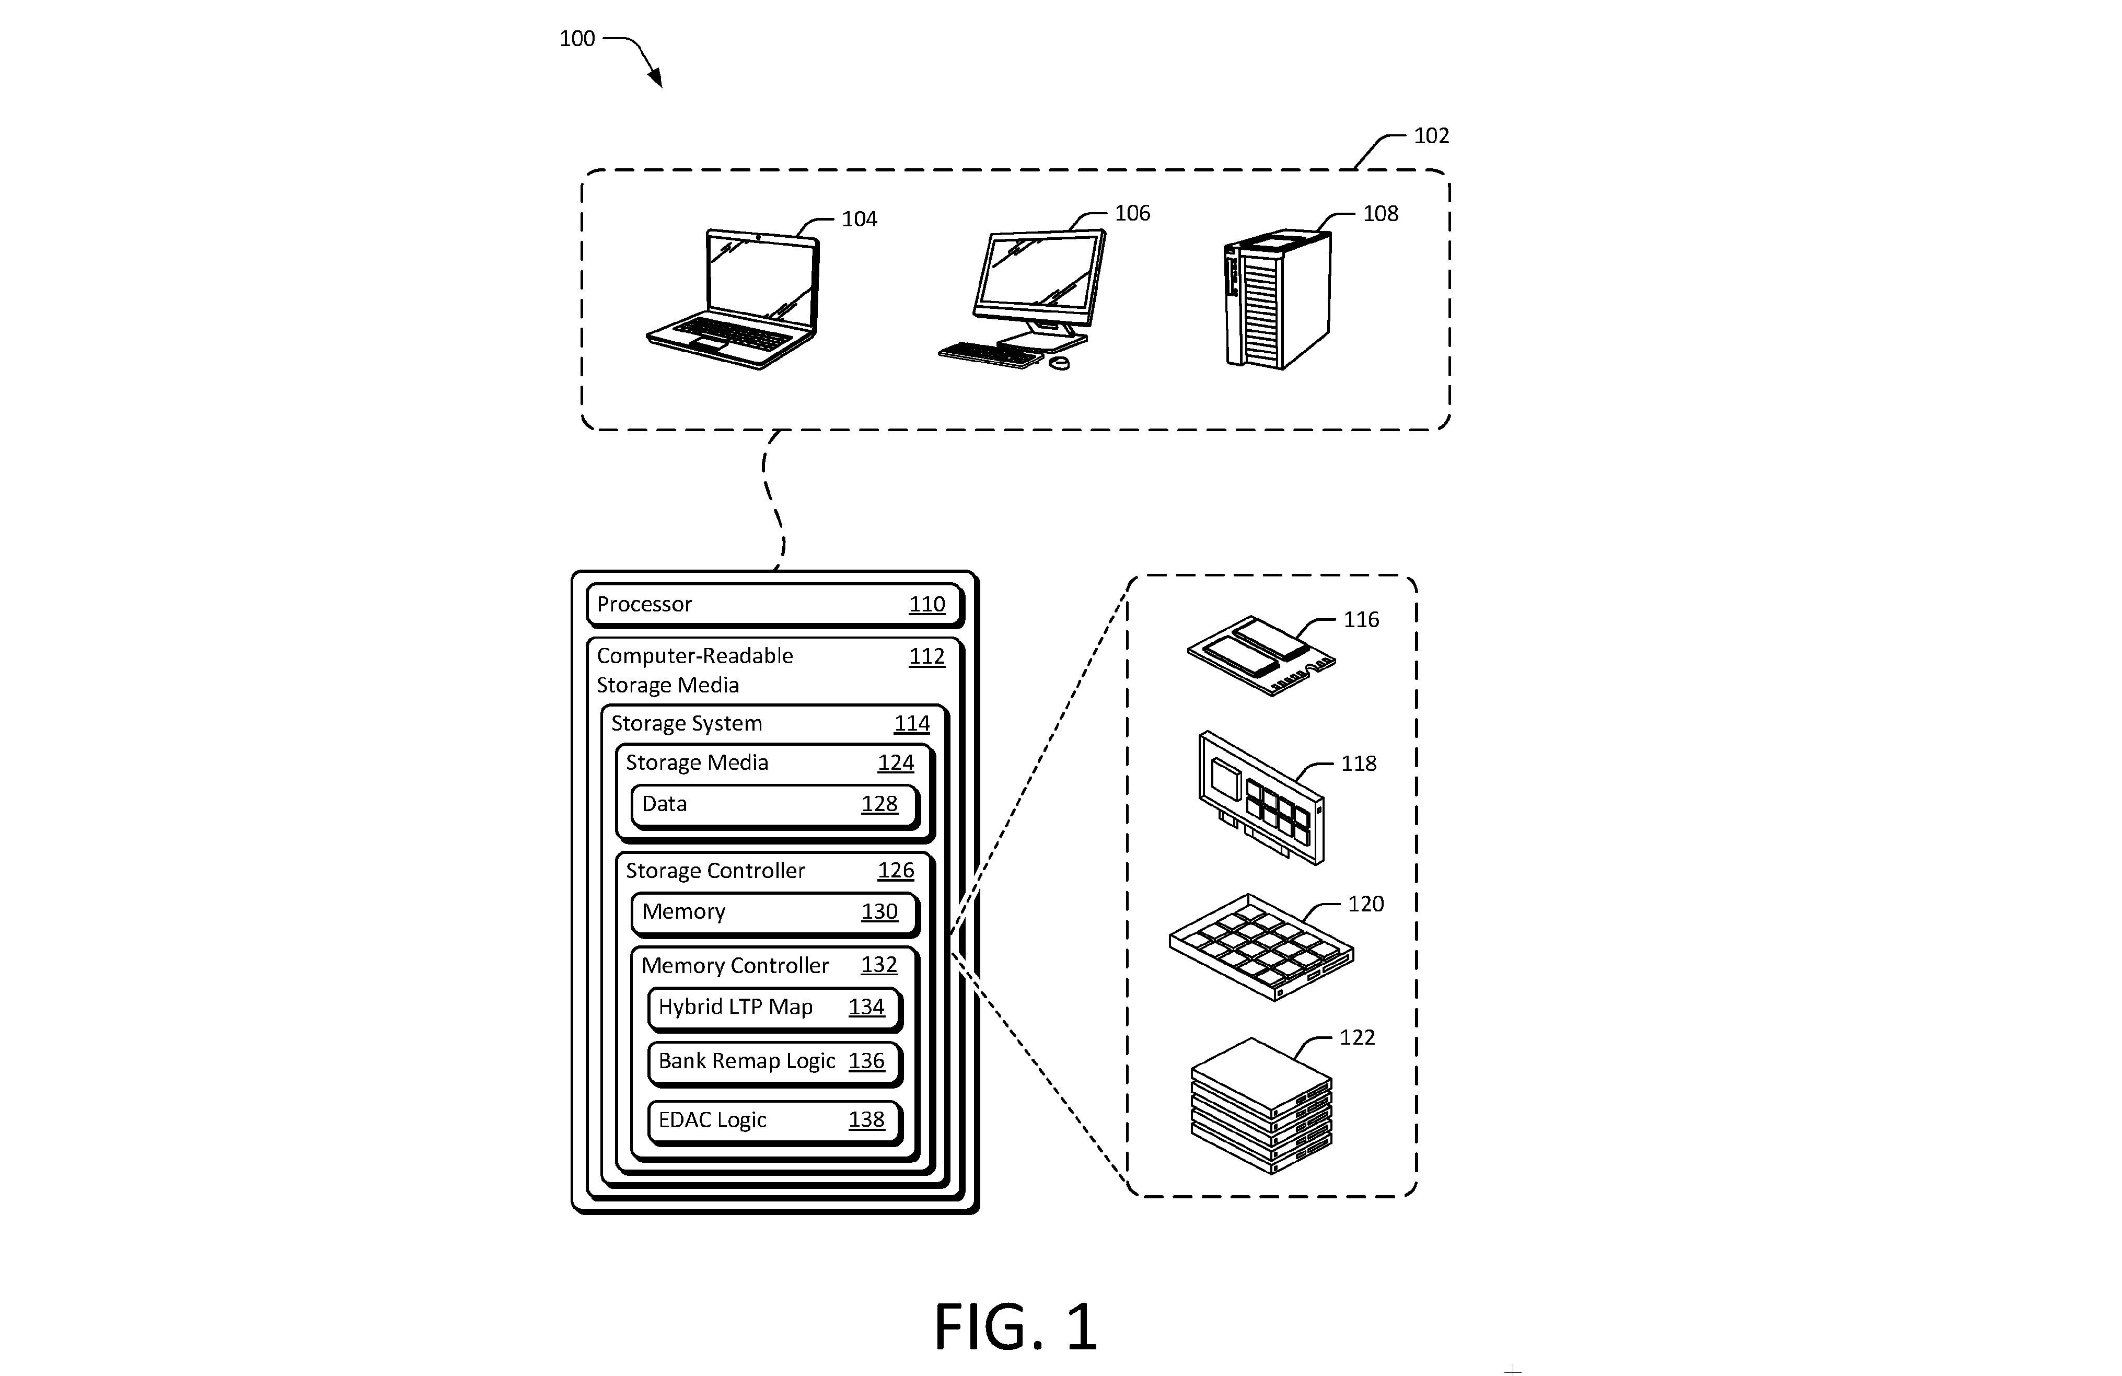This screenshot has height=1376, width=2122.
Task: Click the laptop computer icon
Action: pyautogui.click(x=733, y=299)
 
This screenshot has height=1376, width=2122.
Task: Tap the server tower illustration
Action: pyautogui.click(x=1277, y=299)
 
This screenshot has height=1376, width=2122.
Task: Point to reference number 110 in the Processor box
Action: pyautogui.click(x=926, y=605)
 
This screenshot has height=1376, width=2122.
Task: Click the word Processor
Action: pyautogui.click(x=644, y=605)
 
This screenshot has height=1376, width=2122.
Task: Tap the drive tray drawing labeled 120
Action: pyautogui.click(x=1261, y=947)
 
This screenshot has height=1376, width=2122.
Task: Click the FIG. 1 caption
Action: pyautogui.click(x=1015, y=1327)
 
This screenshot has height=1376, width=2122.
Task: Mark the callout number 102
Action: pyautogui.click(x=1431, y=135)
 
